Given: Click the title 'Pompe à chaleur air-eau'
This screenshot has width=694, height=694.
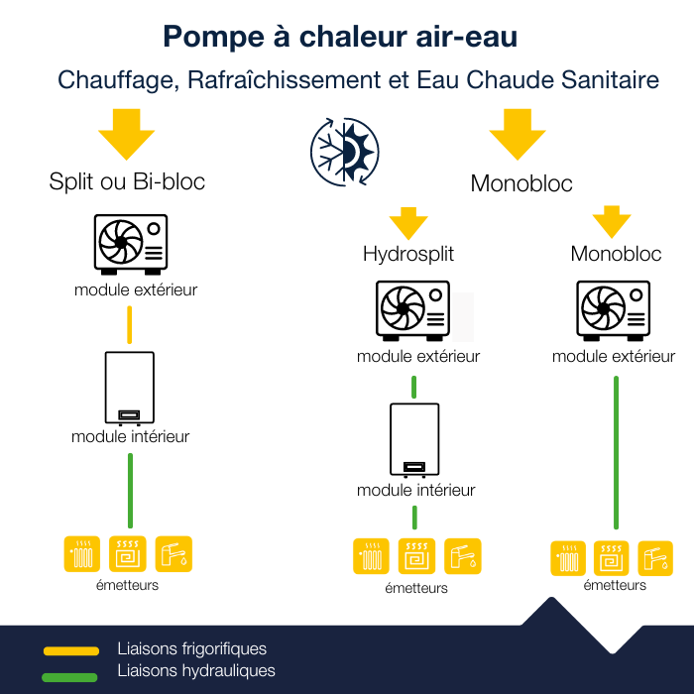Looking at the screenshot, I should [x=340, y=37].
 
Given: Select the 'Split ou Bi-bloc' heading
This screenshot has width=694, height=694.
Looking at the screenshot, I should [x=127, y=182].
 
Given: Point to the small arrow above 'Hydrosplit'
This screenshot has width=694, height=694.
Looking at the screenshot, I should [x=407, y=221].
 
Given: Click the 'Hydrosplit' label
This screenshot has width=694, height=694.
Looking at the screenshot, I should [x=407, y=254].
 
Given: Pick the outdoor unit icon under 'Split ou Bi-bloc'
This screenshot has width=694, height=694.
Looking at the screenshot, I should [x=130, y=244].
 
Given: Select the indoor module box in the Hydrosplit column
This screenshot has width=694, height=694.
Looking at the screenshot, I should [x=414, y=439].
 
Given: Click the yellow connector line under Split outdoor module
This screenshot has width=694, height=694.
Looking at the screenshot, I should [x=130, y=324].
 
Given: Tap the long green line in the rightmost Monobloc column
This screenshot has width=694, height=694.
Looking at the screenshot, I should [x=616, y=452].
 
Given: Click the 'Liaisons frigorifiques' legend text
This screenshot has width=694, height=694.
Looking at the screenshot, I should [x=191, y=649].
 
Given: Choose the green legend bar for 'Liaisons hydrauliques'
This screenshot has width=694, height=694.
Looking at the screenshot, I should [x=70, y=677].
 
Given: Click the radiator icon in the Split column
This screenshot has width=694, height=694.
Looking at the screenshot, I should [x=81, y=554].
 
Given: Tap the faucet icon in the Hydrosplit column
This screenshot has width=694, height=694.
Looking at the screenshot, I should [x=463, y=556].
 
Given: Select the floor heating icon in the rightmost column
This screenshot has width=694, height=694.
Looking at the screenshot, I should [x=612, y=558].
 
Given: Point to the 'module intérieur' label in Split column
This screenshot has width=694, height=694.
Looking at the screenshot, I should [x=130, y=436].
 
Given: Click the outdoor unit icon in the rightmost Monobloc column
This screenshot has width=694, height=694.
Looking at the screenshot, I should [x=614, y=308].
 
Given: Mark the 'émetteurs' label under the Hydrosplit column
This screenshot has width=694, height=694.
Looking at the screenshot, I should [x=416, y=588].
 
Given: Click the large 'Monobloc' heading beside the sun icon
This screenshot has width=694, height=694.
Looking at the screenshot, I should [x=521, y=183].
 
